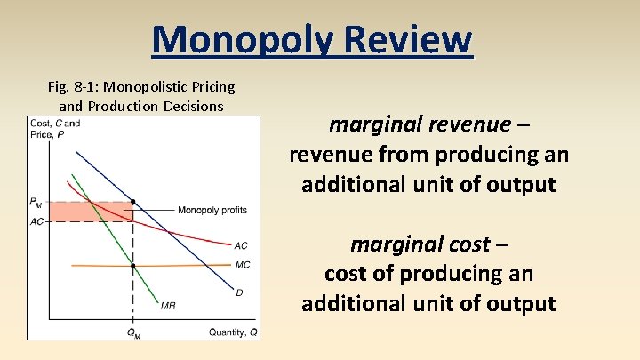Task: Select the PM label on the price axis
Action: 36,203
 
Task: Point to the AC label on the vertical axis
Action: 36,221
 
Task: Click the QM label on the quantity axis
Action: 132,333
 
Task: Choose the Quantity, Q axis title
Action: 234,332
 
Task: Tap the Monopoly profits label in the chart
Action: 212,210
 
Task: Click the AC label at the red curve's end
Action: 240,246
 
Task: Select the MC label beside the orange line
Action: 242,265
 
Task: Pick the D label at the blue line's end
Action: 238,292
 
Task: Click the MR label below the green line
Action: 168,306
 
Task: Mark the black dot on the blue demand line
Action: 133,202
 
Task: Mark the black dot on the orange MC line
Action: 133,266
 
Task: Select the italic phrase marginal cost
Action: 420,244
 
